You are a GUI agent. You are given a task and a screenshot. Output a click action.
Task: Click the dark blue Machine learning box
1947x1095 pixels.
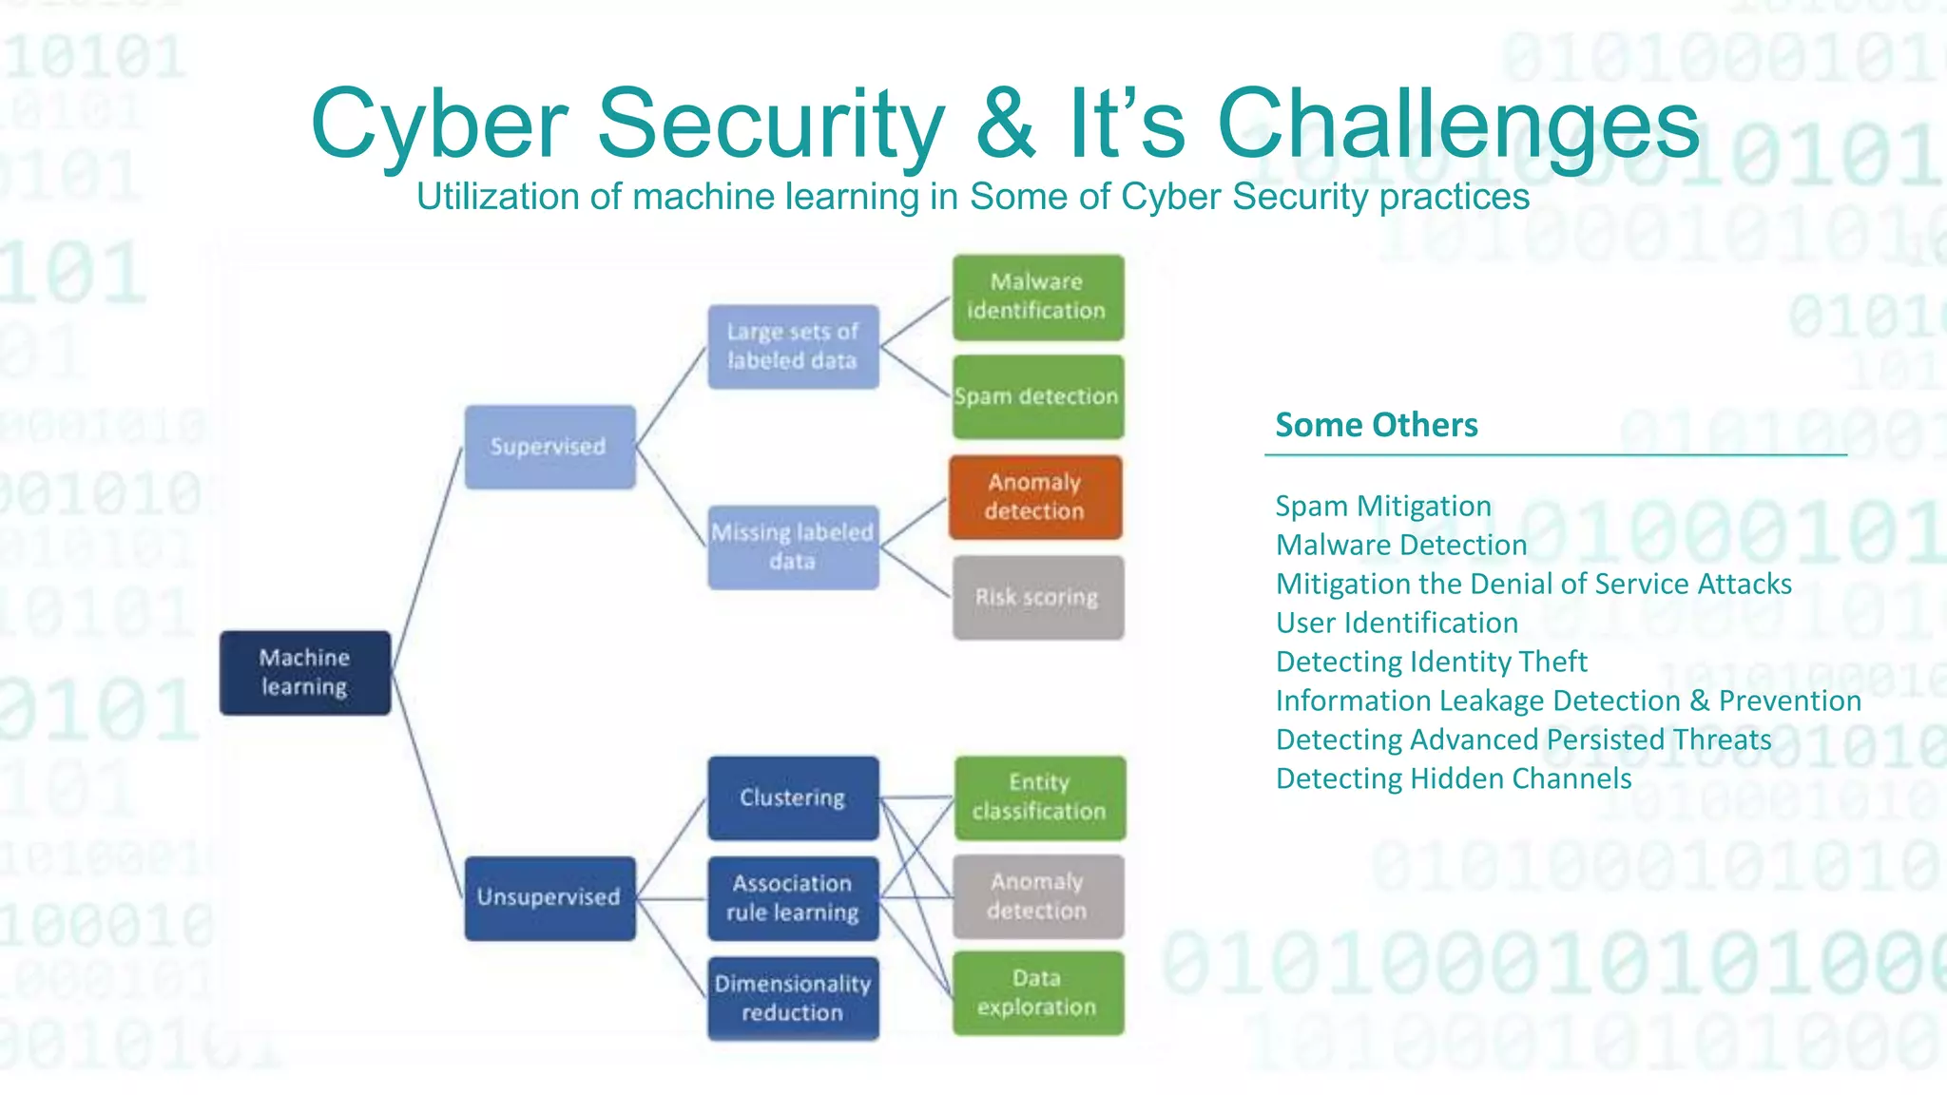tap(305, 672)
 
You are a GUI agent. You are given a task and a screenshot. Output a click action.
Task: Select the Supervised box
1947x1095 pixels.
tap(549, 447)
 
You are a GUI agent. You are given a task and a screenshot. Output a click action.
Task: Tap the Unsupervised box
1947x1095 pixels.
tap(549, 897)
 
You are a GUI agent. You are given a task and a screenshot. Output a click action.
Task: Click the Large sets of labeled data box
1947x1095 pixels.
tap(793, 346)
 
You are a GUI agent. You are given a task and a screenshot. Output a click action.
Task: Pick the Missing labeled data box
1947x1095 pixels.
tap(793, 547)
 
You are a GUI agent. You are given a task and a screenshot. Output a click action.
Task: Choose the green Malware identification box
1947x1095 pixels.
tap(1038, 297)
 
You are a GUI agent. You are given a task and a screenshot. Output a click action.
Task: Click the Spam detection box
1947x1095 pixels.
tap(1038, 396)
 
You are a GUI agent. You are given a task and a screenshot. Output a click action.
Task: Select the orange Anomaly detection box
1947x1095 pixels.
tap(1035, 497)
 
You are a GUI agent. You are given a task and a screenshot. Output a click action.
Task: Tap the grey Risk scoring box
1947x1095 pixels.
tap(1038, 597)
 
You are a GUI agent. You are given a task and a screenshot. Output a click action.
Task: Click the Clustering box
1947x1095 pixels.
tap(793, 797)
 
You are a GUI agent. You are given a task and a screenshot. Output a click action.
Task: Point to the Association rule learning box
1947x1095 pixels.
tap(793, 897)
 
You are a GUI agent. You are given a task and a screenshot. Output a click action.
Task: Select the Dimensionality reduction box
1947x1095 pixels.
tap(793, 998)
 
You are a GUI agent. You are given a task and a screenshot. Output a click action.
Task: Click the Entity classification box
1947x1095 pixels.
tap(1039, 797)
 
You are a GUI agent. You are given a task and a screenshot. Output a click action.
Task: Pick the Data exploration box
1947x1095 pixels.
tap(1038, 992)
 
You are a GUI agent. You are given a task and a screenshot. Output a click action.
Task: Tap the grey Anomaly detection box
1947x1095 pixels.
tap(1038, 896)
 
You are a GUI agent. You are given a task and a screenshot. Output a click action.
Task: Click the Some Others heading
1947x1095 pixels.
tap(1376, 425)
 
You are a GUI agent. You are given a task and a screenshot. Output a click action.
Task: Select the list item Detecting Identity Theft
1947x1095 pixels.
tap(1431, 662)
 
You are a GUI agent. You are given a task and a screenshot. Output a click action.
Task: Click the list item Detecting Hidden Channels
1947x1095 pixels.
tap(1453, 778)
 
